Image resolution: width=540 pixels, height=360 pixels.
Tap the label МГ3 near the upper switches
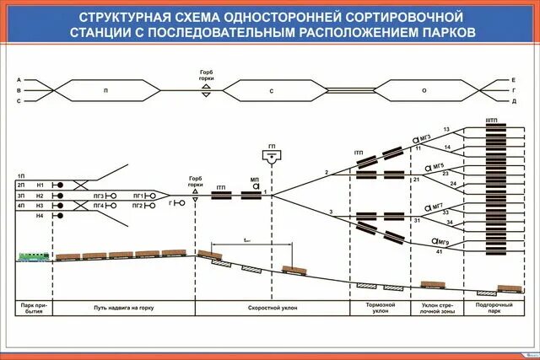[425, 137]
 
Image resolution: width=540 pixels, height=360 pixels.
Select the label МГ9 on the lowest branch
[439, 244]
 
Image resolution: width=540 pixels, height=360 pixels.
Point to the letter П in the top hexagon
[105, 89]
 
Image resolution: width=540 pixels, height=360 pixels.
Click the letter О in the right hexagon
[424, 89]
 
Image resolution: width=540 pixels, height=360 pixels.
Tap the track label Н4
[39, 217]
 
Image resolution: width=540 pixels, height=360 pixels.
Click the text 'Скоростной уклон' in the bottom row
[272, 309]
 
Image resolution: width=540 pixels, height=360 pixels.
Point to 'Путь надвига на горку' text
[124, 309]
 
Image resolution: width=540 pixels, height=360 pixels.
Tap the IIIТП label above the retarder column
[492, 121]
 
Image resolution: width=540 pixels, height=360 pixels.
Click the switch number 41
[416, 252]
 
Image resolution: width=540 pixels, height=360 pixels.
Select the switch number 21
[416, 180]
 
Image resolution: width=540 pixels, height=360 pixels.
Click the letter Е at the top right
[513, 79]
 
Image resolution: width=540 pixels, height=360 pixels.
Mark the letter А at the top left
[19, 79]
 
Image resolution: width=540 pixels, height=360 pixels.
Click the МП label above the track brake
[254, 180]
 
